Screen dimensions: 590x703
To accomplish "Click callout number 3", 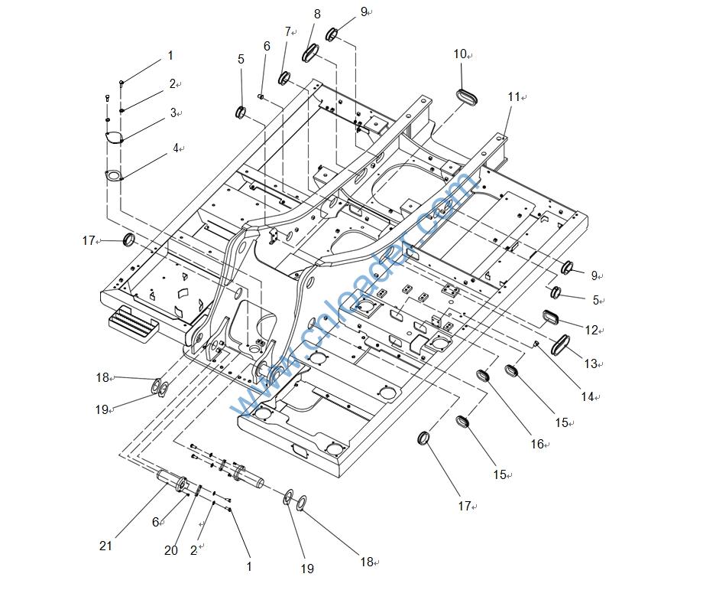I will (173, 112).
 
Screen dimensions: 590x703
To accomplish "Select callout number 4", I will (176, 148).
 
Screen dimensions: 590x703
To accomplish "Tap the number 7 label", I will (288, 32).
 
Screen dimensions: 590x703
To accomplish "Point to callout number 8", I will (317, 14).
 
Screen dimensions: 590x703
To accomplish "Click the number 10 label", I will (460, 54).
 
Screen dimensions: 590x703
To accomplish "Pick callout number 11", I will (514, 96).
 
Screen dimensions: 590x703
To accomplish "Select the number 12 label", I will (591, 330).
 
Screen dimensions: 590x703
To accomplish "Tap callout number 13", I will (591, 363).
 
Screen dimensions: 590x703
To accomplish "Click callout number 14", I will (587, 396).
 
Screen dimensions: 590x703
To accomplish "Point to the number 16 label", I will (536, 444).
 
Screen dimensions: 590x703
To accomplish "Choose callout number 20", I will (171, 550).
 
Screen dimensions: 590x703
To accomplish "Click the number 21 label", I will (105, 546).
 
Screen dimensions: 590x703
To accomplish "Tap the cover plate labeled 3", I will (113, 138).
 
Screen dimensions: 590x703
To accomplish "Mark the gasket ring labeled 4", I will (114, 176).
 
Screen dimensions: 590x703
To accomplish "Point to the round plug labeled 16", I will (484, 376).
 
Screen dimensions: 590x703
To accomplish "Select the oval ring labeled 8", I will (310, 54).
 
